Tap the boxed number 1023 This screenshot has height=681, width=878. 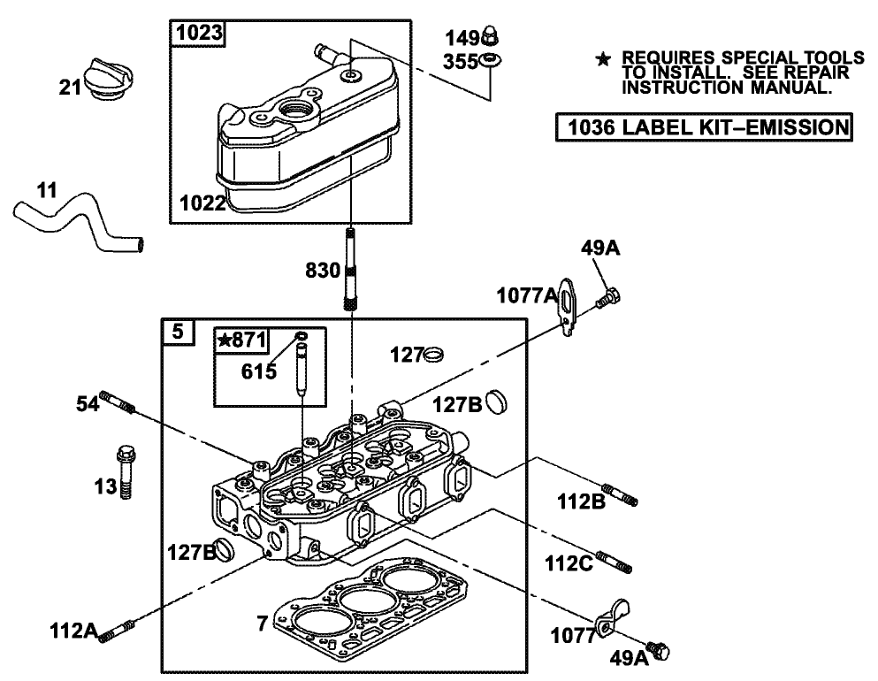point(197,34)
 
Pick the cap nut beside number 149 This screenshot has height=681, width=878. point(488,36)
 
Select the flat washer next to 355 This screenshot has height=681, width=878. point(490,60)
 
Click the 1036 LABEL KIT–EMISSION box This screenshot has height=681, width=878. point(704,126)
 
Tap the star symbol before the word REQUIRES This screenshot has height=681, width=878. point(603,58)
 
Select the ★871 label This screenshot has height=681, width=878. point(242,341)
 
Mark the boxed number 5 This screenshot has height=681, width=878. point(178,333)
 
